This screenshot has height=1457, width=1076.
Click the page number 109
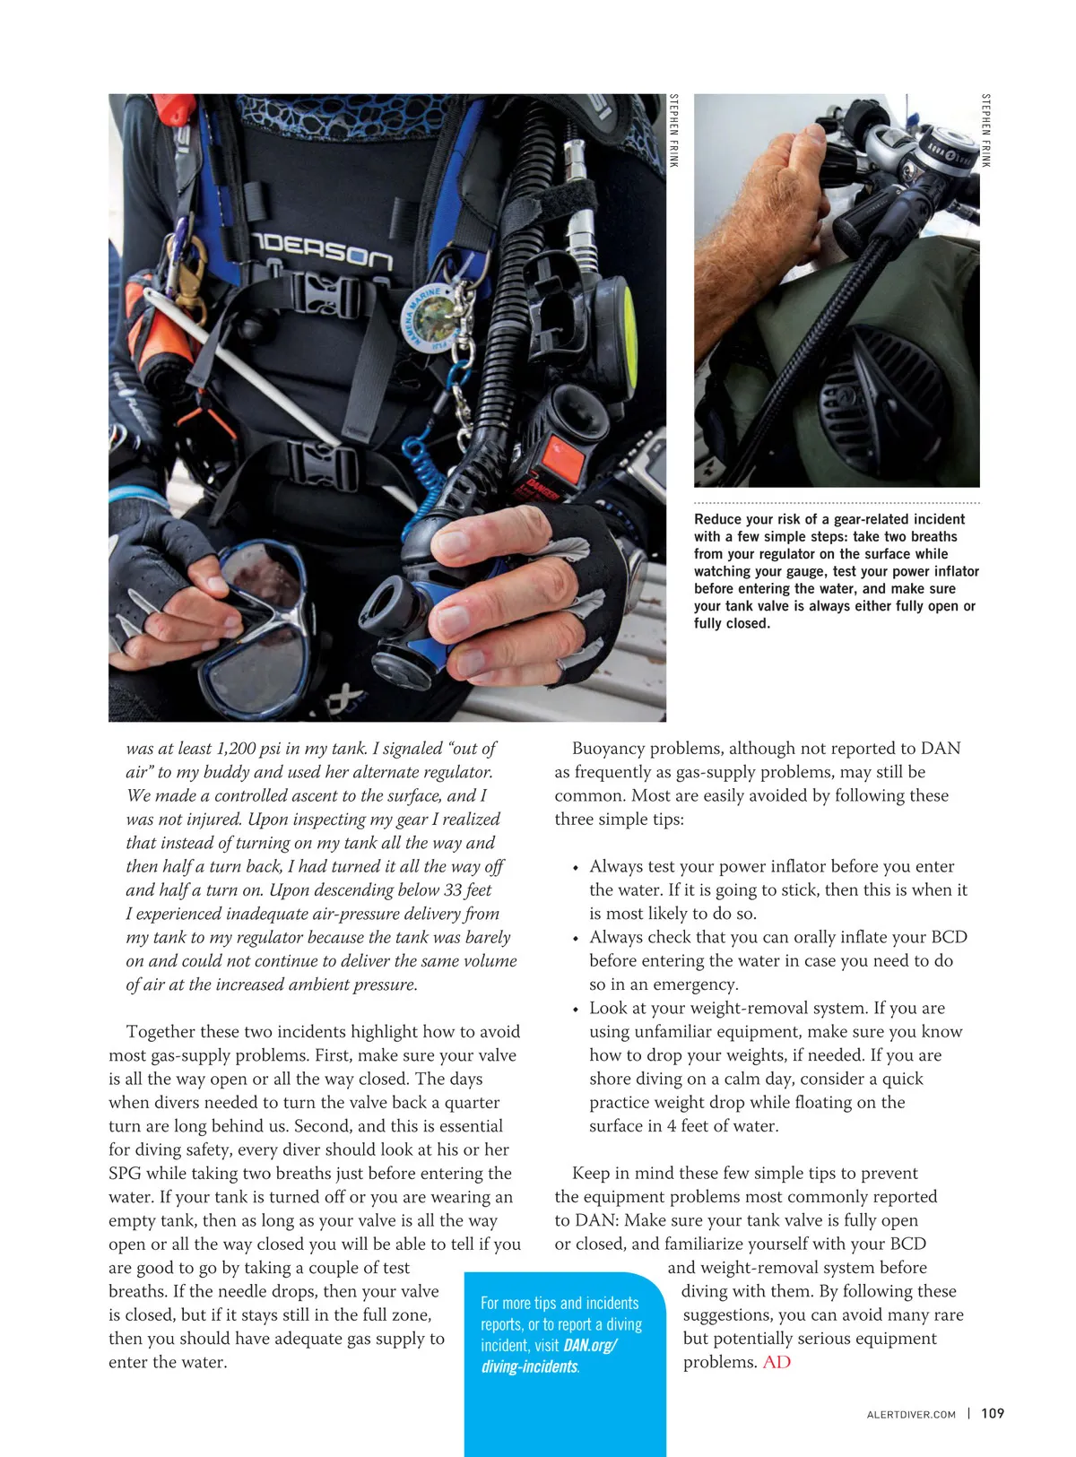[993, 1413]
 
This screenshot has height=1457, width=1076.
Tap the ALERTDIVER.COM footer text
[911, 1414]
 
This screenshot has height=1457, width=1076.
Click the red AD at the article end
[777, 1362]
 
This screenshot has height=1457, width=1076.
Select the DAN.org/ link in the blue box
[590, 1345]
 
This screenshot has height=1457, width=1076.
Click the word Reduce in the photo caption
[717, 519]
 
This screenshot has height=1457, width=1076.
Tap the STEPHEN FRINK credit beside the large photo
[674, 131]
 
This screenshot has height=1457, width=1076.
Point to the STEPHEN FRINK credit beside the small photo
[985, 131]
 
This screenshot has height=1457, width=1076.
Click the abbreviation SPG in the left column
[124, 1174]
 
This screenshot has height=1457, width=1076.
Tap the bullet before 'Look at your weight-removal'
[576, 1010]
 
